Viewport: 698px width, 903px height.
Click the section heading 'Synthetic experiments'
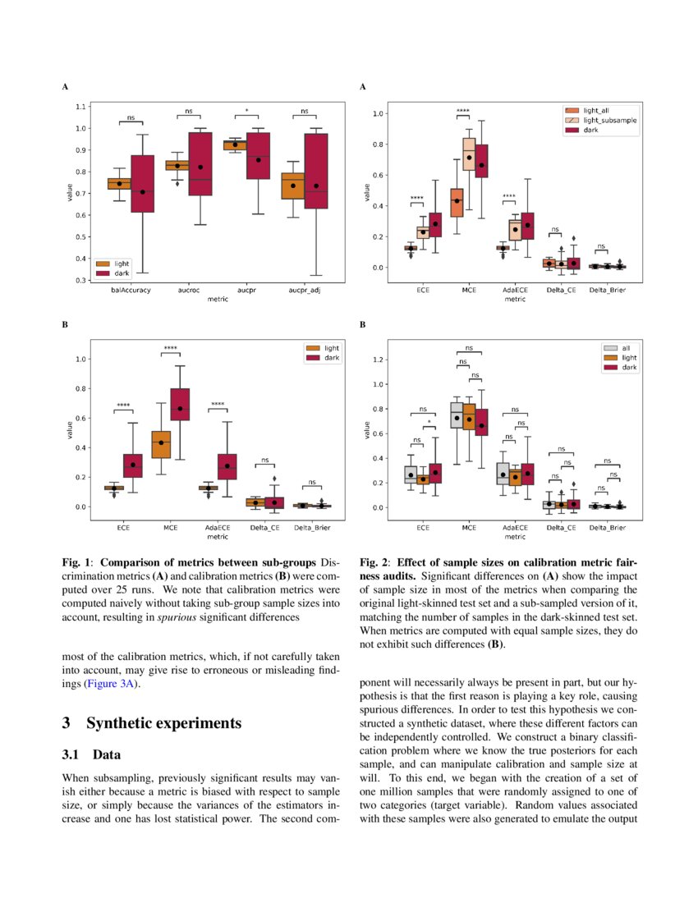[163, 723]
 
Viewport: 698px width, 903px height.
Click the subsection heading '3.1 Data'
[93, 754]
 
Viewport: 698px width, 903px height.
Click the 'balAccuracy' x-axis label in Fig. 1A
[131, 290]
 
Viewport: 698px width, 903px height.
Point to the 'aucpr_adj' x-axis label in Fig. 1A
[304, 290]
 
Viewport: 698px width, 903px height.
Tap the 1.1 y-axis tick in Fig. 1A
[81, 107]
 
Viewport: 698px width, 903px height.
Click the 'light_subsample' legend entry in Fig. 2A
[609, 120]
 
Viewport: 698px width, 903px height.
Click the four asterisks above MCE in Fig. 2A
[463, 111]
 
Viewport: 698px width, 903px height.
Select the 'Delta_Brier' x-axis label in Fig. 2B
[608, 527]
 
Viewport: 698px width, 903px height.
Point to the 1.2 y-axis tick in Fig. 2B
[379, 360]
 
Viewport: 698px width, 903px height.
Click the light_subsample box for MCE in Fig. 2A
[469, 154]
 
